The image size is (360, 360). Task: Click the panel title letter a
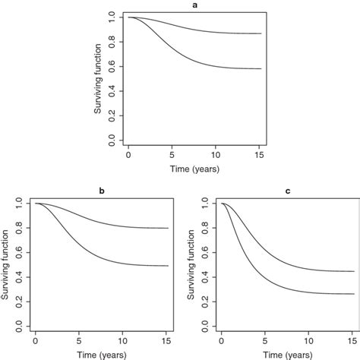tap(194, 5)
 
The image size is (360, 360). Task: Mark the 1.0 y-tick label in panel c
tap(205, 201)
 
